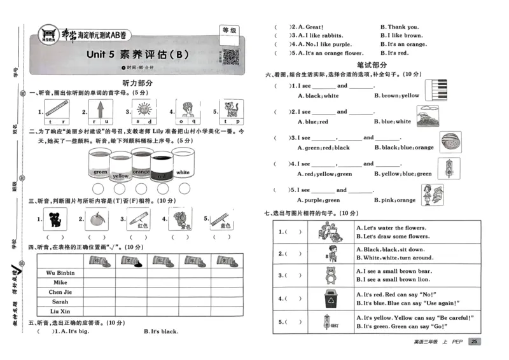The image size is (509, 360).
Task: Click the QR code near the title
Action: point(230,58)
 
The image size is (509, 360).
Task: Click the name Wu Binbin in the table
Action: point(60,272)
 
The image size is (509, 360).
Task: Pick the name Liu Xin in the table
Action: point(60,311)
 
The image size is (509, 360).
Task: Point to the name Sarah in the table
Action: point(60,301)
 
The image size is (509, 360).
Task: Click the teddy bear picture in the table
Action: point(329,275)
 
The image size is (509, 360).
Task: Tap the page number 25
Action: point(474,342)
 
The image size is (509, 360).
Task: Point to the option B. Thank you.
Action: point(399,27)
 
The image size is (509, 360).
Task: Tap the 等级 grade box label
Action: point(229,30)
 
